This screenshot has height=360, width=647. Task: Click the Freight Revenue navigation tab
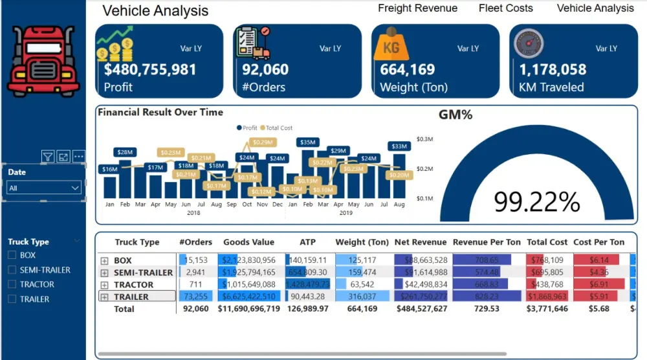point(417,8)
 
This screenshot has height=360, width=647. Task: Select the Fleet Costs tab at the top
point(506,8)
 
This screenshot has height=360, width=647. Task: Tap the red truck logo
point(43,62)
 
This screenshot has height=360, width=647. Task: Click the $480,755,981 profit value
point(150,69)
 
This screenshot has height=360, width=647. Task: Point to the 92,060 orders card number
point(265,69)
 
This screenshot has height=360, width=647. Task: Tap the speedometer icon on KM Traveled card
point(529,46)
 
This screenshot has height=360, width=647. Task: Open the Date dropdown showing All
point(44,188)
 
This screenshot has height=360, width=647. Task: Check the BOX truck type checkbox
point(12,255)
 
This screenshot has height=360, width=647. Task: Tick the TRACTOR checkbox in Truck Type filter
point(12,284)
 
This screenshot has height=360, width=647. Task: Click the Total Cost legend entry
point(280,128)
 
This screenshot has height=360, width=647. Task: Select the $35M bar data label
point(308,142)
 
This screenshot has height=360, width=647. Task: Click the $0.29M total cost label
point(263,142)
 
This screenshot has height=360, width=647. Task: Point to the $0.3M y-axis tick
point(424,139)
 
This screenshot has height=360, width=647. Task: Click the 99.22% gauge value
point(536,202)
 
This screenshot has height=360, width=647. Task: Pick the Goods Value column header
point(249,242)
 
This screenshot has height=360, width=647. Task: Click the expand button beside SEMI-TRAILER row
point(105,273)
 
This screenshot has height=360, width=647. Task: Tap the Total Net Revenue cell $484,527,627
point(421,309)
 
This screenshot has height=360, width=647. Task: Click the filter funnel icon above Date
point(47,156)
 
